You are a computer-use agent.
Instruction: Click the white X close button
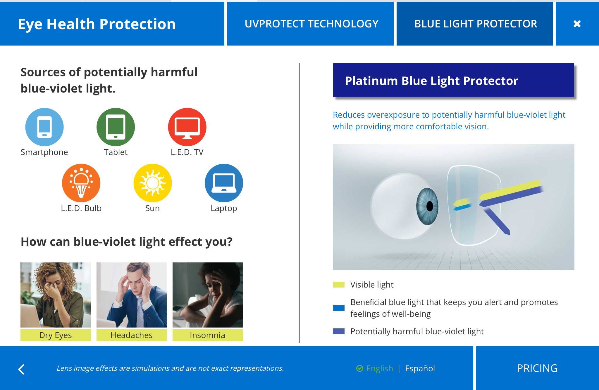point(577,24)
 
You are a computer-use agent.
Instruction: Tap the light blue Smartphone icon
point(44,127)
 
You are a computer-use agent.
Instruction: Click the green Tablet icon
point(116,127)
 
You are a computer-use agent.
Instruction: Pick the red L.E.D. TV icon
point(187,127)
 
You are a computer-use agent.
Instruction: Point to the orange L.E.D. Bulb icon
point(81,183)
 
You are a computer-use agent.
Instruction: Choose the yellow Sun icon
point(153,183)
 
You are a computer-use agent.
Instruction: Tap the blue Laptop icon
point(224,183)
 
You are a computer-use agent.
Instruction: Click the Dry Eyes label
point(56,335)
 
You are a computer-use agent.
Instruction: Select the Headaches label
point(132,335)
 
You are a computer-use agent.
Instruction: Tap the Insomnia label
point(208,335)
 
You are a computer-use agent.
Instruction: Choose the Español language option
point(420,369)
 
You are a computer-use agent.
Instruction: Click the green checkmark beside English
point(360,369)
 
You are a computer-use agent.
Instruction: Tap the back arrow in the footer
point(21,369)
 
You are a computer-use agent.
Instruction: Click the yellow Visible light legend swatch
point(339,285)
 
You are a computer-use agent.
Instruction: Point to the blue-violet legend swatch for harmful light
point(339,331)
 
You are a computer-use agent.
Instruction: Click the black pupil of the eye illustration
point(430,206)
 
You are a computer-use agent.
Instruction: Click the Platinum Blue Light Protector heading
point(431,81)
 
